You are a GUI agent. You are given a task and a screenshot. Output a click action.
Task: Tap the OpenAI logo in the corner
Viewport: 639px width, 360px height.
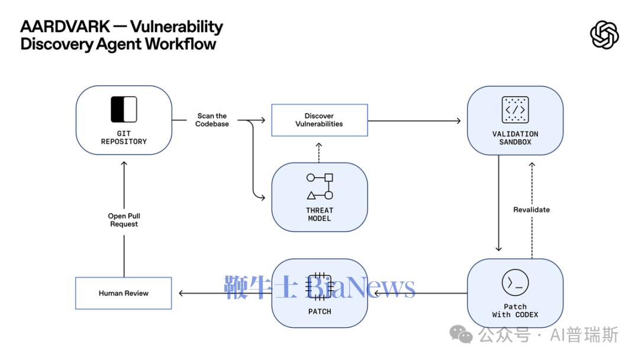tap(604, 35)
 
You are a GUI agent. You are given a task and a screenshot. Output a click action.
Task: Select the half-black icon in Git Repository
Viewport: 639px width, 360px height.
tap(124, 110)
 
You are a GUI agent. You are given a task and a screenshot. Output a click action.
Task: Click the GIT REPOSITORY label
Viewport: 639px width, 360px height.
tap(124, 137)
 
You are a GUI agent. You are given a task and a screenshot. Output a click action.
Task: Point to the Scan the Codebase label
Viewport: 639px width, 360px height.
tap(212, 120)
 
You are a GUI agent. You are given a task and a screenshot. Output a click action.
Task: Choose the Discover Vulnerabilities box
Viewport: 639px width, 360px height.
tap(319, 120)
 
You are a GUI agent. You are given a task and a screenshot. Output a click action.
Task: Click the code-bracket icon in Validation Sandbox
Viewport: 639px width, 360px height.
tap(515, 110)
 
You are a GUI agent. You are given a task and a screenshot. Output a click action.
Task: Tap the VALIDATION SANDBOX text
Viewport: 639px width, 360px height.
tap(515, 138)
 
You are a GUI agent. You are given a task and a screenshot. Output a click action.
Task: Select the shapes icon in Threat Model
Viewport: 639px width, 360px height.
tap(319, 186)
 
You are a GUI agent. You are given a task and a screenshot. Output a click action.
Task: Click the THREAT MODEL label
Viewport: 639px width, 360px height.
tap(319, 214)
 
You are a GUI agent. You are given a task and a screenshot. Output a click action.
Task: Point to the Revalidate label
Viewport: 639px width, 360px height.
tap(531, 210)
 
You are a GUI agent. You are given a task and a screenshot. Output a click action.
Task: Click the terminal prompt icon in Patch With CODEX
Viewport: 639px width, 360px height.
tap(515, 283)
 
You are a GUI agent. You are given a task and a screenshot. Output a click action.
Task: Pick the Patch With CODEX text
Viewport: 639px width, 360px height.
tap(515, 310)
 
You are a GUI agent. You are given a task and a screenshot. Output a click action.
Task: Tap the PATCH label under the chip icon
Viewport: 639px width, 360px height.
tap(319, 311)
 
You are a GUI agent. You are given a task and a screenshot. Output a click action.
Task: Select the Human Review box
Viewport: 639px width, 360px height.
tap(124, 293)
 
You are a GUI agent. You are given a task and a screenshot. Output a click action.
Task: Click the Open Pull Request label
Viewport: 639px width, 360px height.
tap(124, 220)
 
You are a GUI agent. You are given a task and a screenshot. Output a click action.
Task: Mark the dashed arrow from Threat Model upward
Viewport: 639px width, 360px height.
tap(319, 152)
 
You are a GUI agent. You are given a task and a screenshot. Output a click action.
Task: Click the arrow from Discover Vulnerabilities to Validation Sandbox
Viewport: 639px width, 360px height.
tap(414, 121)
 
